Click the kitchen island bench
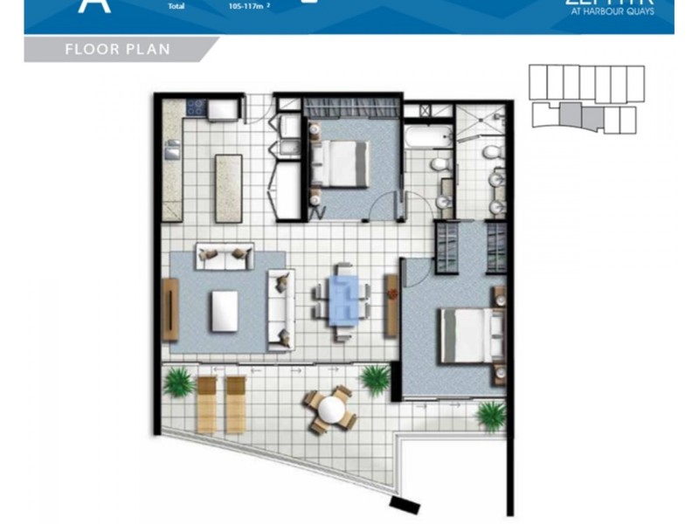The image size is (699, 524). click(228, 188)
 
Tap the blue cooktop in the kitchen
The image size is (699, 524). click(193, 109)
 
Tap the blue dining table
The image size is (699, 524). click(341, 300)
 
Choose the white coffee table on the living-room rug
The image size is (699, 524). click(224, 311)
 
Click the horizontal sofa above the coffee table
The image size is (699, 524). click(224, 256)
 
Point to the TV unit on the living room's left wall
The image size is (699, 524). click(170, 309)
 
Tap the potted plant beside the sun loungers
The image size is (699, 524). click(179, 382)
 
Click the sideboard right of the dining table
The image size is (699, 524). click(391, 294)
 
